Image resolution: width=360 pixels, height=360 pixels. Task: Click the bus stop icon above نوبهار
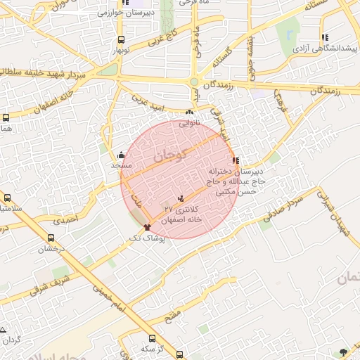click(122, 40)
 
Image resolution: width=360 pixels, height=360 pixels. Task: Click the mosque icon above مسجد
click(122, 155)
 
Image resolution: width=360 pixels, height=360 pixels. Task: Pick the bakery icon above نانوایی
click(189, 112)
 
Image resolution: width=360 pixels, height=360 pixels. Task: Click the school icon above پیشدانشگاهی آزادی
click(325, 38)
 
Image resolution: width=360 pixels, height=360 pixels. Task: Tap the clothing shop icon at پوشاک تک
click(147, 227)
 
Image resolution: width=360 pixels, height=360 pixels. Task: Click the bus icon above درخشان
click(51, 238)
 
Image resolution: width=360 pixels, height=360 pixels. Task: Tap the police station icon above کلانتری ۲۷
click(182, 199)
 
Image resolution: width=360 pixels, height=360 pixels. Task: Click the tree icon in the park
click(343, 352)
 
